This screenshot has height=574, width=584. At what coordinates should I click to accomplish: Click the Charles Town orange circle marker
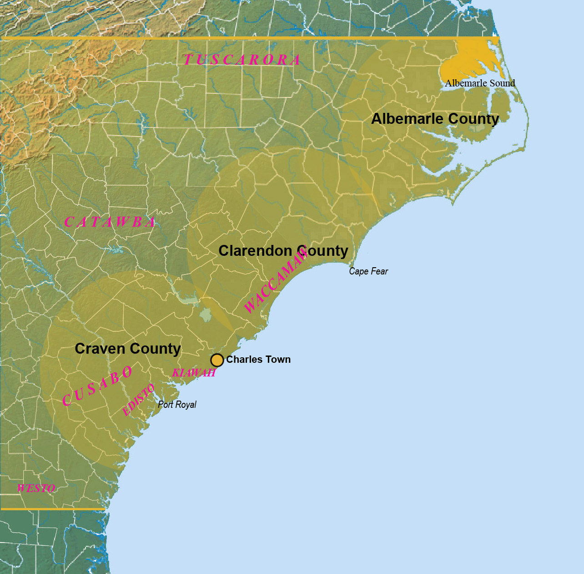217,360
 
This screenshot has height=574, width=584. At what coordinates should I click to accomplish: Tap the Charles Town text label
258,360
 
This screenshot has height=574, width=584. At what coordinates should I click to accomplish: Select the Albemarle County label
435,119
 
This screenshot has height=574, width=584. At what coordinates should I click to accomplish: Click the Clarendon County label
283,251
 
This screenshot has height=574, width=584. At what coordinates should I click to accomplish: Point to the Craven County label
128,349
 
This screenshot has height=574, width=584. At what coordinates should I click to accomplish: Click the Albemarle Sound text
480,83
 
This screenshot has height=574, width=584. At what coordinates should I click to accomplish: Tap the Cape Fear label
368,271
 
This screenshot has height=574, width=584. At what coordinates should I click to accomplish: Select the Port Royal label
177,404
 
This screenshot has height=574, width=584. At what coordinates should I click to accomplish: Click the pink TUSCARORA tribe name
242,60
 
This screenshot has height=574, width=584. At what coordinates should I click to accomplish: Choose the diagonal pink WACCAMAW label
276,282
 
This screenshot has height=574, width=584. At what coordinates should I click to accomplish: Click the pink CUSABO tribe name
97,386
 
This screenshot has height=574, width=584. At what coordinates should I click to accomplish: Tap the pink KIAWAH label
194,373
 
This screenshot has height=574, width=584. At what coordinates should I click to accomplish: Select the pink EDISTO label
139,400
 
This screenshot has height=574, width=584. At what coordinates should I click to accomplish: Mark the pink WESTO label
36,488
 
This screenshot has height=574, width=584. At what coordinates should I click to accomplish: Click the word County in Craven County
155,349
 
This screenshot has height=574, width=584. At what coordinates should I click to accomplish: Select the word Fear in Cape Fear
379,271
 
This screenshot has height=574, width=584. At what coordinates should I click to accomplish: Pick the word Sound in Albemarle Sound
502,83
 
